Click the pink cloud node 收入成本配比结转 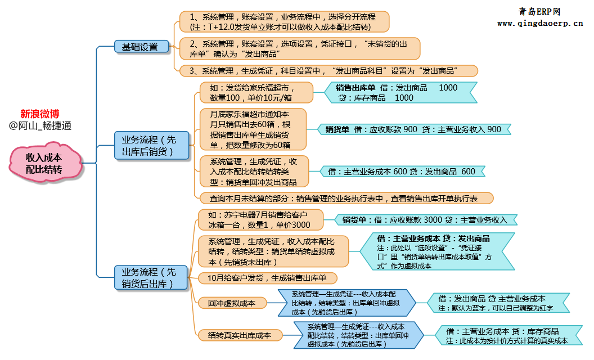click(x=44, y=164)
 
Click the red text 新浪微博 click(x=40, y=114)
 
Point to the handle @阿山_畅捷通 click(x=40, y=126)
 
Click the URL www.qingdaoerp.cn click(x=539, y=24)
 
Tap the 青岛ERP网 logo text click(x=539, y=11)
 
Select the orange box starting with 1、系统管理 click(x=284, y=22)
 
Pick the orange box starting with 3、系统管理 click(x=328, y=71)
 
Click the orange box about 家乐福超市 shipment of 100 click(x=256, y=93)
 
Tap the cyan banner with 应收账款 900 click(x=413, y=129)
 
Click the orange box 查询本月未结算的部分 click(x=346, y=198)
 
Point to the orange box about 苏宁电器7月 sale click(x=260, y=220)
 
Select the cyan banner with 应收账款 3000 click(x=425, y=220)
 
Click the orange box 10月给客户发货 click(x=267, y=277)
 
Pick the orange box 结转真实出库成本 click(x=238, y=335)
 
